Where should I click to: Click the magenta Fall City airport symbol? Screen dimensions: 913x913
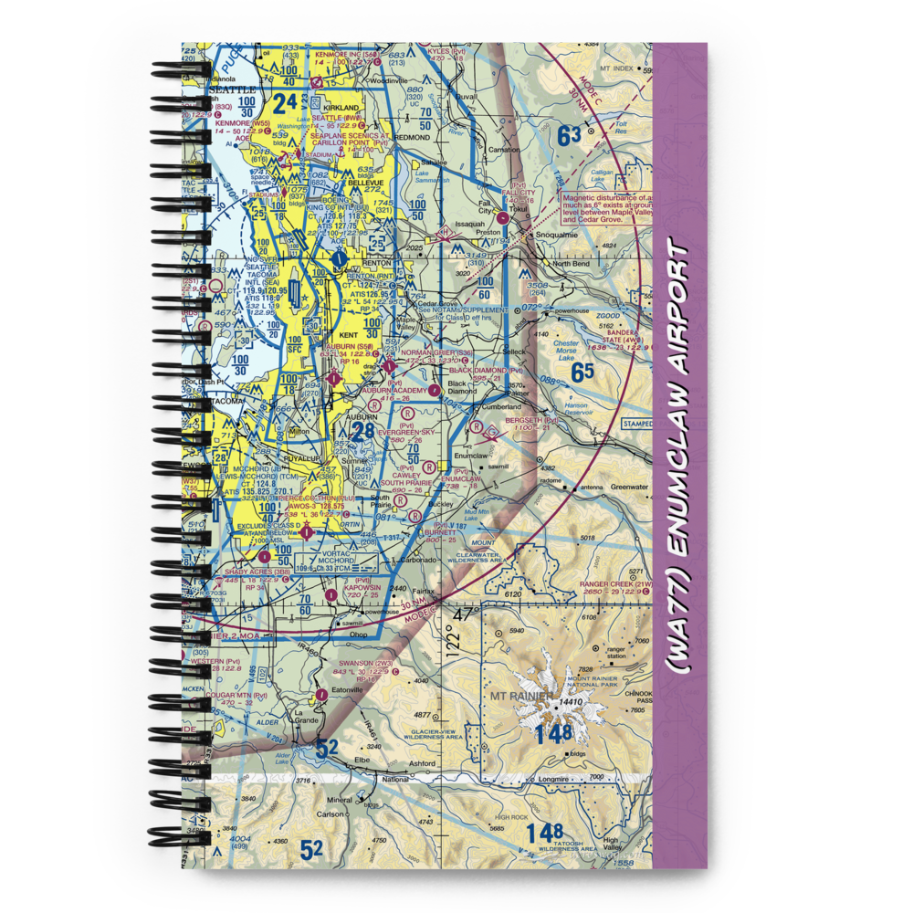[x=503, y=218]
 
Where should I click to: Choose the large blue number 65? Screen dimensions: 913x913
[x=582, y=372]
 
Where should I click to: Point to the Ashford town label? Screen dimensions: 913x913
[x=422, y=763]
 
